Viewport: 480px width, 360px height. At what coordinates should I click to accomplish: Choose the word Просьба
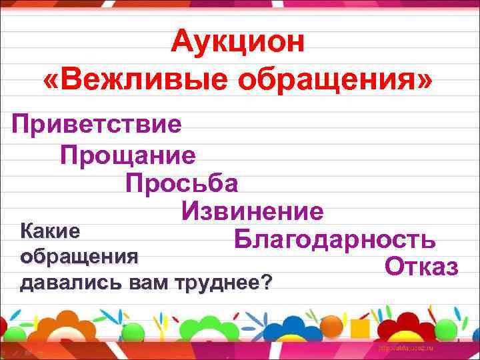181,183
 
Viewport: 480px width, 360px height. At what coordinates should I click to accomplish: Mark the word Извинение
252,212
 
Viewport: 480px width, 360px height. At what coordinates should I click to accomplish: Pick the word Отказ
421,267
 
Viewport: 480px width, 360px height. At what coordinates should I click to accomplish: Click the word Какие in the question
51,231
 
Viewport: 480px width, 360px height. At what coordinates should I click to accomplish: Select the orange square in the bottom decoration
361,329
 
